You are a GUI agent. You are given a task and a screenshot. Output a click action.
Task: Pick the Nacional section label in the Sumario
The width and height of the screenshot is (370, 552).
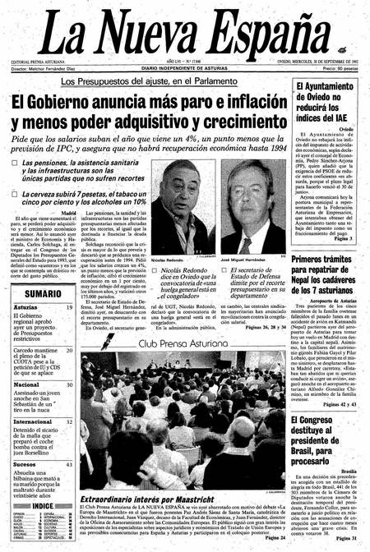pos(26,384)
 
